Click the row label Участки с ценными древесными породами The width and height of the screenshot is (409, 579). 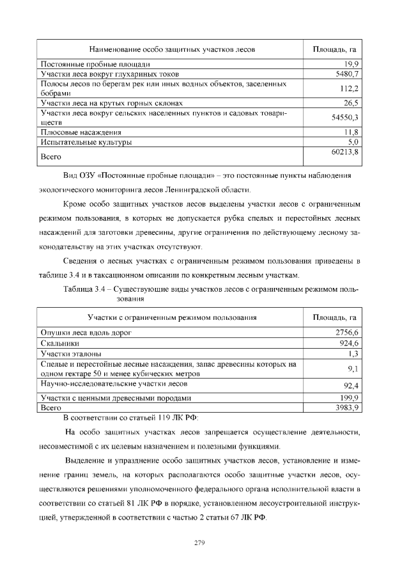[x=116, y=397]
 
